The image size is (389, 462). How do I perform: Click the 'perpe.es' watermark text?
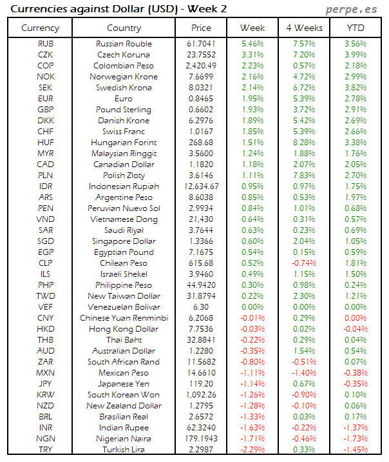[352, 10]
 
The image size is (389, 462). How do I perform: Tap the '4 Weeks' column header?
[303, 28]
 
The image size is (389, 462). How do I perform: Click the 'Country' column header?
[124, 28]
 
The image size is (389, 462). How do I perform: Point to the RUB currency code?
[46, 44]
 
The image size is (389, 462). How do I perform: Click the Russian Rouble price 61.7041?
[201, 44]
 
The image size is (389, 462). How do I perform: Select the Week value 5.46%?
[252, 44]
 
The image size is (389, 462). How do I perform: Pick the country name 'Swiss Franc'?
[124, 132]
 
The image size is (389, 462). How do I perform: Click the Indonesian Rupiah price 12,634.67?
[201, 186]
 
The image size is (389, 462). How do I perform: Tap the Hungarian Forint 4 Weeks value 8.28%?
[303, 143]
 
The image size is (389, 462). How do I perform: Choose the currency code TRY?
[46, 450]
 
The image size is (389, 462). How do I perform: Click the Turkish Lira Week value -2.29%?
[252, 450]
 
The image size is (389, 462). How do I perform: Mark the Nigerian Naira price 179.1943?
[201, 439]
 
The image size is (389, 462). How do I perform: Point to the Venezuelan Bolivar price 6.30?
[201, 307]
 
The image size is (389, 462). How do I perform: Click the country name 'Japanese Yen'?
[124, 384]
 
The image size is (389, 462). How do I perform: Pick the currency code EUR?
[46, 99]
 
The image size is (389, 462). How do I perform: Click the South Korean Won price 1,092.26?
[201, 395]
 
